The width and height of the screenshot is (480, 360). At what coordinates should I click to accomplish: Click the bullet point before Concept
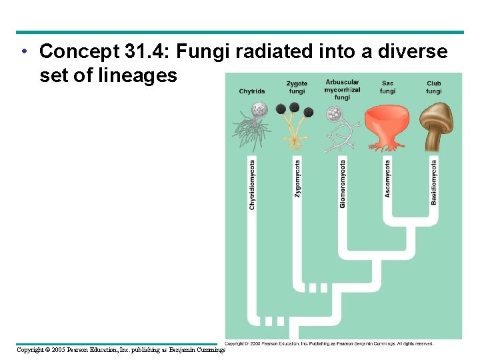click(x=23, y=51)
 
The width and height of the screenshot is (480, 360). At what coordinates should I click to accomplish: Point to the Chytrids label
click(x=252, y=91)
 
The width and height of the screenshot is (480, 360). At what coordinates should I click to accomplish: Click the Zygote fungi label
click(x=297, y=87)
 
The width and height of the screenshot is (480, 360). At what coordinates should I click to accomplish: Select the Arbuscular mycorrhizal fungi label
click(x=342, y=89)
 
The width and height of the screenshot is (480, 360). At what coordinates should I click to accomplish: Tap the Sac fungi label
click(x=387, y=87)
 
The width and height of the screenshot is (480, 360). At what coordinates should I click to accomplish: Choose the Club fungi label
click(x=434, y=87)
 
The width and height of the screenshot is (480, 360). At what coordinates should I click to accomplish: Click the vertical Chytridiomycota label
click(x=252, y=185)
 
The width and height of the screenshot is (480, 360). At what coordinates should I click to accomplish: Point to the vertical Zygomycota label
click(x=297, y=177)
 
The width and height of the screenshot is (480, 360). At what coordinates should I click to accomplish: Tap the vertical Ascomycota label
click(x=388, y=177)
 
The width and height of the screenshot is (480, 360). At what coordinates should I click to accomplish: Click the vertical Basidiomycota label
click(x=434, y=181)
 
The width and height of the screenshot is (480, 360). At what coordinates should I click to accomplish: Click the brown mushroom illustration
click(x=437, y=127)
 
